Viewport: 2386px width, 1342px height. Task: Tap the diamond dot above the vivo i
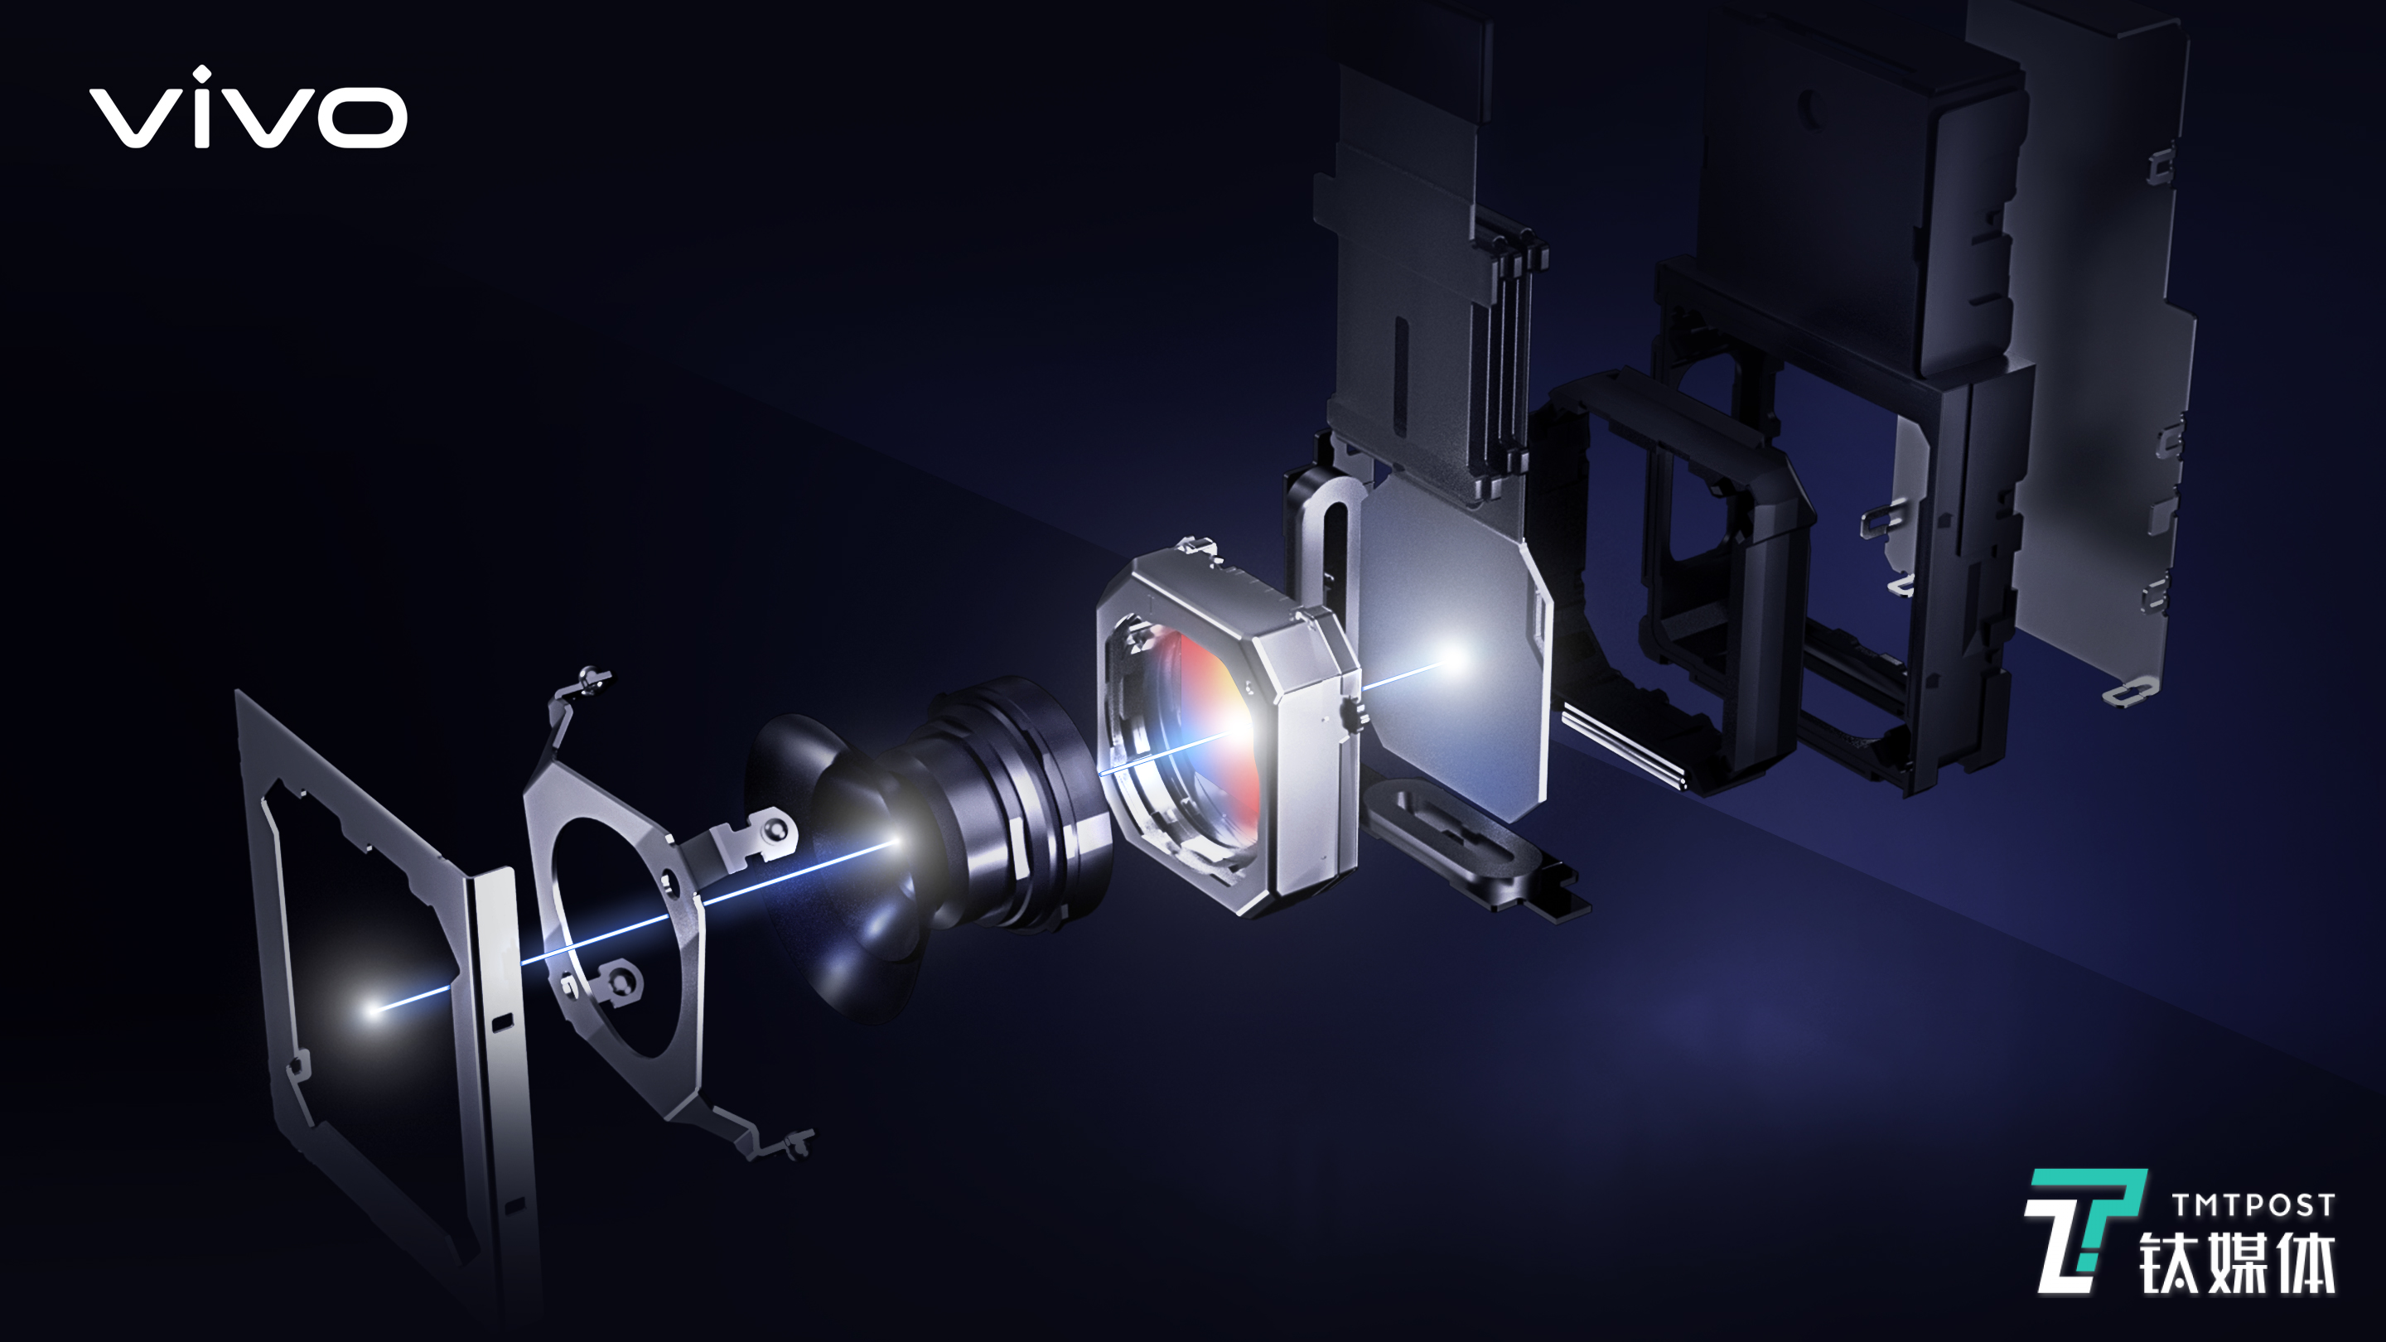(201, 73)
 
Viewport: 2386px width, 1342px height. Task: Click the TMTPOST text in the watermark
(2253, 1205)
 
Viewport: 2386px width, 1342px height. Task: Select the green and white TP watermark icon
(2084, 1231)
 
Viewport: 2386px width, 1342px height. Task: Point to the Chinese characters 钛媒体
(2237, 1262)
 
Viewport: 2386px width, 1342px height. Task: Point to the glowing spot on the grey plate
(1452, 659)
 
